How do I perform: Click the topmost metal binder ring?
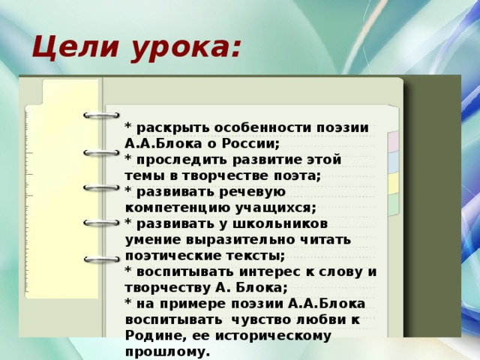point(101,115)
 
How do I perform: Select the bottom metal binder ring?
point(102,259)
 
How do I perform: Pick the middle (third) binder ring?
point(101,188)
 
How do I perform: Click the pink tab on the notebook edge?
point(393,142)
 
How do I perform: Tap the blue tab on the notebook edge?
point(393,163)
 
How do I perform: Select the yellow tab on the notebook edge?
point(393,183)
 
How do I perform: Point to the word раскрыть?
point(172,128)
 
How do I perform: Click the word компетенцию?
point(178,208)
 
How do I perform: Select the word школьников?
point(280,223)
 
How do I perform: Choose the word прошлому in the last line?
point(167,352)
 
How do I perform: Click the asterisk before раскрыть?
point(128,126)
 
